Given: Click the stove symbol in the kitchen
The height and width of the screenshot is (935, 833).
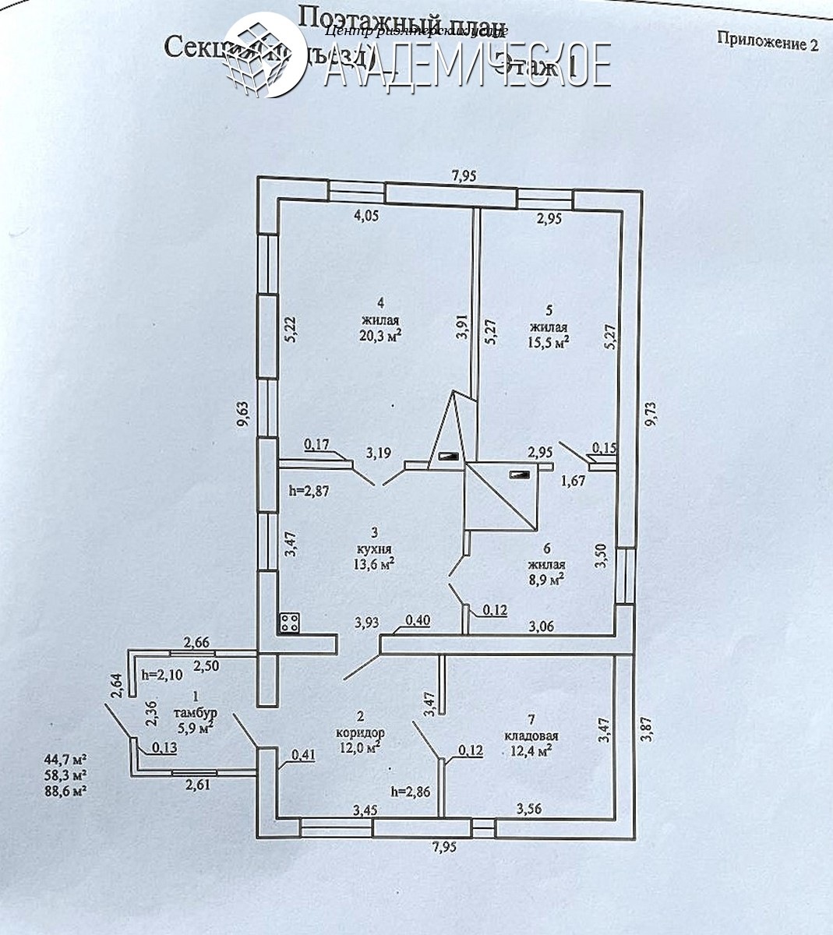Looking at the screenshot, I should (x=290, y=623).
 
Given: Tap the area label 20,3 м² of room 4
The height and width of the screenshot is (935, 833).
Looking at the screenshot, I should (x=381, y=336).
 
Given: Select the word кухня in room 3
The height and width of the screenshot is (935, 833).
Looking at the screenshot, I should (x=375, y=547).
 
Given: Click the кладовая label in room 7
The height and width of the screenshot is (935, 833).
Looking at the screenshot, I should (x=531, y=736).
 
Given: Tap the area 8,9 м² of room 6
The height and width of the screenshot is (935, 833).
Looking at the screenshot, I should (x=545, y=579).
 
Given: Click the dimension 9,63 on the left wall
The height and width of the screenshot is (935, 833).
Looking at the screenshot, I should (x=244, y=414).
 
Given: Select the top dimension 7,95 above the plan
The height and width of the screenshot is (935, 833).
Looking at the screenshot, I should (x=464, y=176).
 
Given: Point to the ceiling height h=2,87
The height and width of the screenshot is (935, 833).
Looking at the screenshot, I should (x=309, y=491).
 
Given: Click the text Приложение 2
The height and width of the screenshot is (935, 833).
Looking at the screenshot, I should (x=767, y=44).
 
